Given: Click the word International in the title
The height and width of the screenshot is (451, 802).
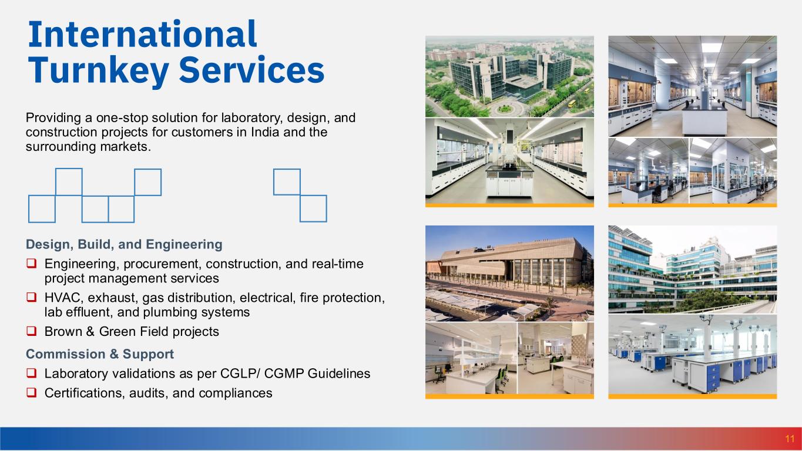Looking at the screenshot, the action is click(143, 34).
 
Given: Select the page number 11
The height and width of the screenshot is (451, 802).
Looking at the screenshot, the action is click(790, 439).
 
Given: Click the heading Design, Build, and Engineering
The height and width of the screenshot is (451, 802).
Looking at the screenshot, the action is click(124, 244).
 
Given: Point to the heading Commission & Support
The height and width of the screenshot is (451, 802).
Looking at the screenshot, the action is click(99, 354).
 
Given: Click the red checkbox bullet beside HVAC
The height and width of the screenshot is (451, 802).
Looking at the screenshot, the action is click(32, 297).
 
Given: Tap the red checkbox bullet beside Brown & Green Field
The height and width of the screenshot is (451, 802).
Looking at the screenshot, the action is click(32, 331).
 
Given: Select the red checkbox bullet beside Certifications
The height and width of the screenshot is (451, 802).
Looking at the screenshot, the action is click(32, 393).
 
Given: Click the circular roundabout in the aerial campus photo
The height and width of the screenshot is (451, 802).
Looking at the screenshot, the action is click(505, 108).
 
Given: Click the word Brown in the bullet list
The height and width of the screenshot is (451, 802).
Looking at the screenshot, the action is click(63, 331).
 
